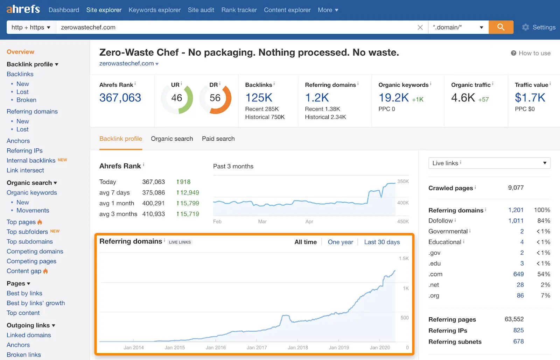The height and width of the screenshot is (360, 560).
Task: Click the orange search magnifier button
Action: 501,27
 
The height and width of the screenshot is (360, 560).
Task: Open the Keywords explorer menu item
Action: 154,10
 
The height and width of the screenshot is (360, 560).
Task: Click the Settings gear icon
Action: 525,27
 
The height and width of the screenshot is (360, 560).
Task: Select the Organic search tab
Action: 172,139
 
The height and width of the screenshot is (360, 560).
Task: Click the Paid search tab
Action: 218,139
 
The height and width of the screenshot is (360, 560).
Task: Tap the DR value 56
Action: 215,98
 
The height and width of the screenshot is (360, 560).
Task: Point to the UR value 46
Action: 176,98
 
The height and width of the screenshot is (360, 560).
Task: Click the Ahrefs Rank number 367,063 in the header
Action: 120,98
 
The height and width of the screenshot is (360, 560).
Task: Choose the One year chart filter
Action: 340,242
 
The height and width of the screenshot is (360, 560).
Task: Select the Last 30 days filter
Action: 381,242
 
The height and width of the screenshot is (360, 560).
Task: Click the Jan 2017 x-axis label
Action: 257,347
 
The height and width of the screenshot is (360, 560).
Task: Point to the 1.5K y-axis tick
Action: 404,259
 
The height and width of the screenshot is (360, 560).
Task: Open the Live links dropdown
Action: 489,163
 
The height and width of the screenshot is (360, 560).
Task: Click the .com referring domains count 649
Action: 518,274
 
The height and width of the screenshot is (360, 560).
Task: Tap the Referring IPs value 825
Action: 518,330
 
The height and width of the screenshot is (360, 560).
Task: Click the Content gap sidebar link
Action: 24,271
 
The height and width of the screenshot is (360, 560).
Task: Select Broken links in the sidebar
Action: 24,354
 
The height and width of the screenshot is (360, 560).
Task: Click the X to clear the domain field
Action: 420,27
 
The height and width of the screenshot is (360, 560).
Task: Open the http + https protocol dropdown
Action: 31,27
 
